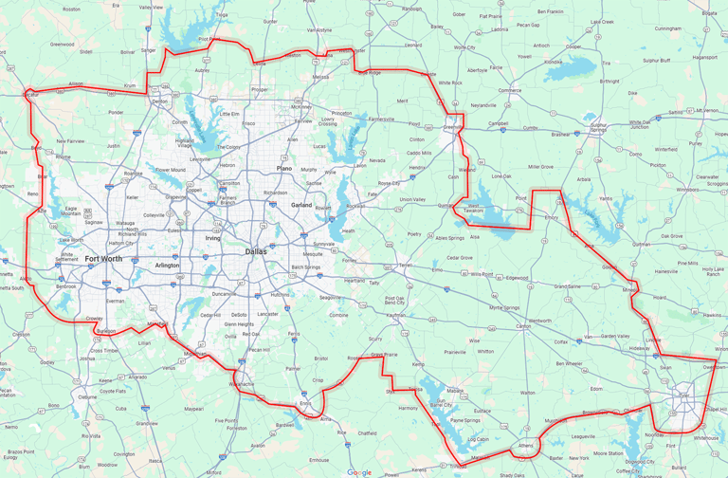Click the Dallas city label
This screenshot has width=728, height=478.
(255, 251)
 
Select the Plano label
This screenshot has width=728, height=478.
(284, 168)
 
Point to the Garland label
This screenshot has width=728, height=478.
(301, 205)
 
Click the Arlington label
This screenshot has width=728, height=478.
(167, 266)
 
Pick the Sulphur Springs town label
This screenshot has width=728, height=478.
(598, 127)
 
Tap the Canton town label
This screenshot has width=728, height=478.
(522, 326)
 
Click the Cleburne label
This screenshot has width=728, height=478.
(86, 397)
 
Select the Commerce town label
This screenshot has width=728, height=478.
(509, 90)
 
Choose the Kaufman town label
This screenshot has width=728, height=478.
(396, 314)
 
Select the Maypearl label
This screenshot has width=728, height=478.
(193, 409)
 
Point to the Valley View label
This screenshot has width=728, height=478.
(152, 7)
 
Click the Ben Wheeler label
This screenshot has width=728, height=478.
(569, 363)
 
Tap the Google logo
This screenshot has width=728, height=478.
(359, 471)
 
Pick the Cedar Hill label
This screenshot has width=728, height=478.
(210, 315)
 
